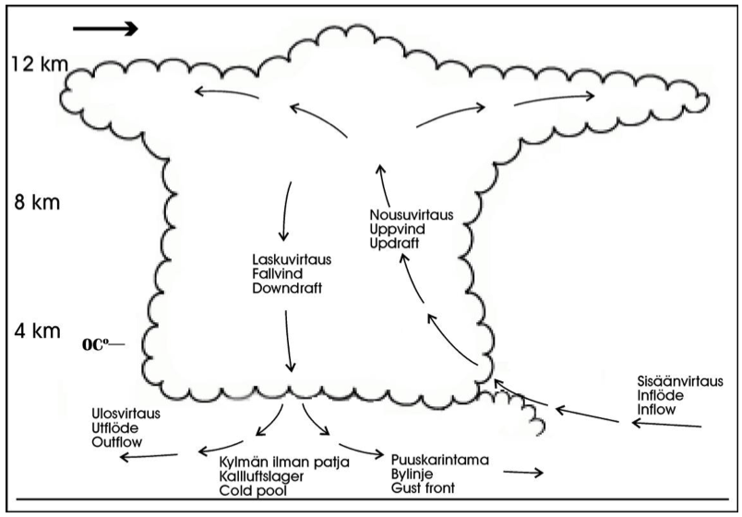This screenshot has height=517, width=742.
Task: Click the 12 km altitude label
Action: point(39,65)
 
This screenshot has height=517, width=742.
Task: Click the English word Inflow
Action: point(658,409)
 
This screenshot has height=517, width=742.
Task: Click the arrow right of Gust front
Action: point(523,473)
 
